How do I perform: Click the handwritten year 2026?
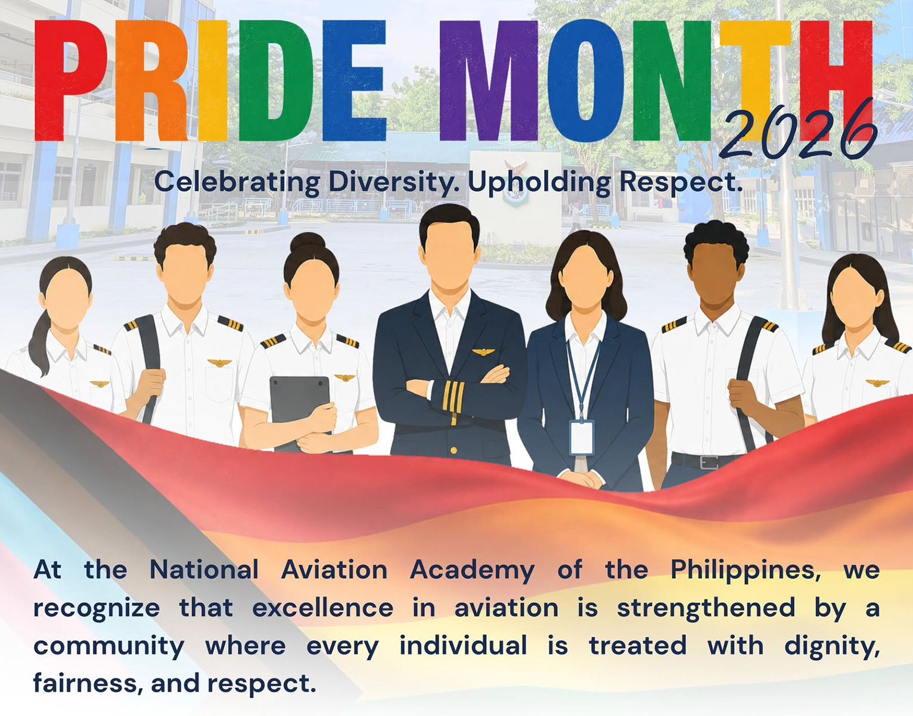799,132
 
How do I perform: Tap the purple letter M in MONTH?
489,80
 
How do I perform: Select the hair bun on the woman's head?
308,242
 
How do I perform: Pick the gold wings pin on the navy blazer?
483,351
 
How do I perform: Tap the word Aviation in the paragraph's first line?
334,570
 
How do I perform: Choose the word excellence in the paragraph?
322,608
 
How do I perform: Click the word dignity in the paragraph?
832,646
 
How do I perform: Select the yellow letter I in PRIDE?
212,80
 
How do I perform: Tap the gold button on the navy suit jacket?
454,450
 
